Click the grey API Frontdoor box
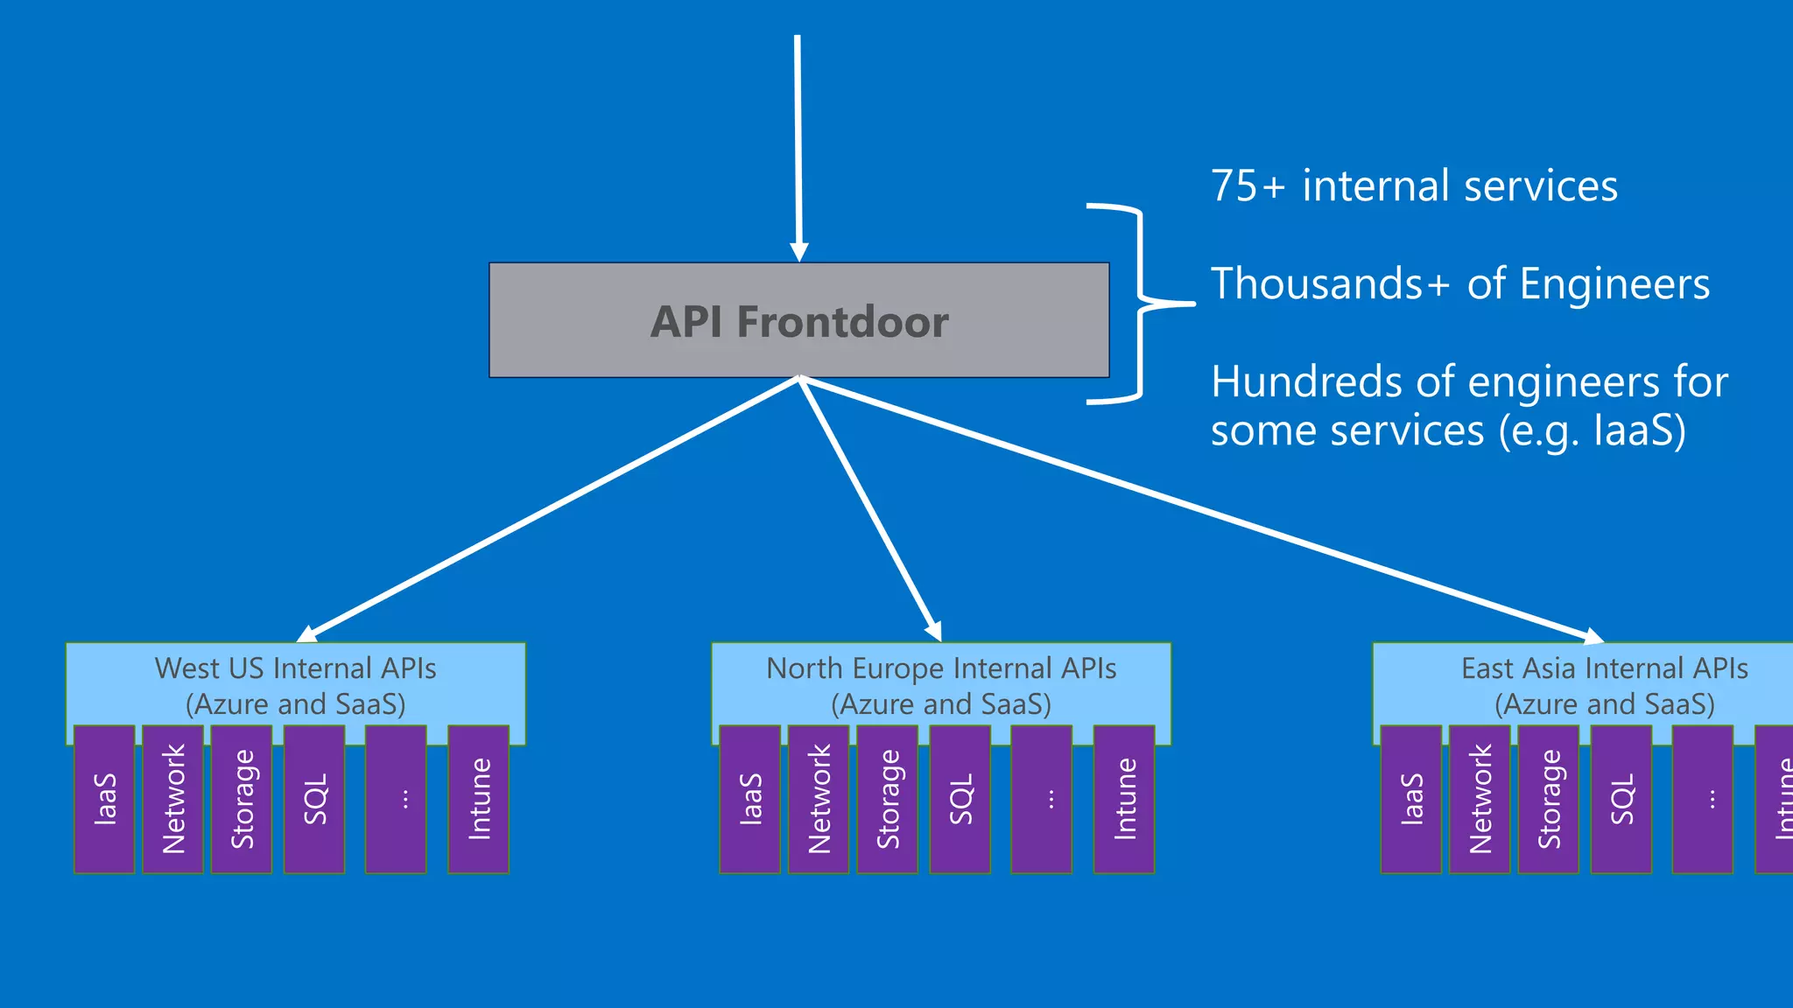point(798,320)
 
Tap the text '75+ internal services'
point(1413,186)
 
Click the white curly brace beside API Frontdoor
point(1139,304)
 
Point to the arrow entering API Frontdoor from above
point(798,149)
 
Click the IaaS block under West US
point(104,799)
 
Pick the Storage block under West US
point(242,799)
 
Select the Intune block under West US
point(478,799)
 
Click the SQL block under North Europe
point(960,799)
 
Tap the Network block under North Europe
point(819,799)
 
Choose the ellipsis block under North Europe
point(1041,799)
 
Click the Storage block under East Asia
point(1548,799)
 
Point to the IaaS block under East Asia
point(1410,799)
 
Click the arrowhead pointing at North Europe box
point(934,630)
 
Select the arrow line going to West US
point(552,507)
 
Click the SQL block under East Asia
point(1621,799)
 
